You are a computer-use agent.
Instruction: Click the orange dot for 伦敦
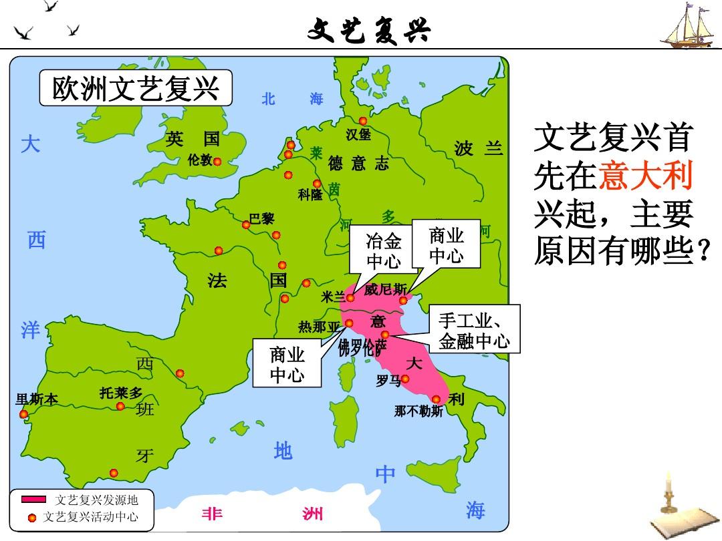217,161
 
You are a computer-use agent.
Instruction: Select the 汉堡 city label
358,135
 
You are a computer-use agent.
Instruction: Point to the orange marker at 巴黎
246,224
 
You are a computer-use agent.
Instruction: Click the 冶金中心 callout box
384,251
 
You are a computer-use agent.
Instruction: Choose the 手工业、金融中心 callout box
474,331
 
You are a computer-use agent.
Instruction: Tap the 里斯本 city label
37,399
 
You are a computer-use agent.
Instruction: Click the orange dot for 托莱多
120,406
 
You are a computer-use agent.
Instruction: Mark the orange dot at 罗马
405,379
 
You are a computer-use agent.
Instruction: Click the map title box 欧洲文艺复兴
136,89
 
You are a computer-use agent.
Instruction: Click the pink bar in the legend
33,500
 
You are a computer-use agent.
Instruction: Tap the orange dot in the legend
32,518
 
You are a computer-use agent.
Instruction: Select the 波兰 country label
478,148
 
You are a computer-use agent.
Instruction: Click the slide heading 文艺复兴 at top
369,29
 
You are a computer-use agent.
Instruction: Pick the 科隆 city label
310,194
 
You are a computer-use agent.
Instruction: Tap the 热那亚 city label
320,327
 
